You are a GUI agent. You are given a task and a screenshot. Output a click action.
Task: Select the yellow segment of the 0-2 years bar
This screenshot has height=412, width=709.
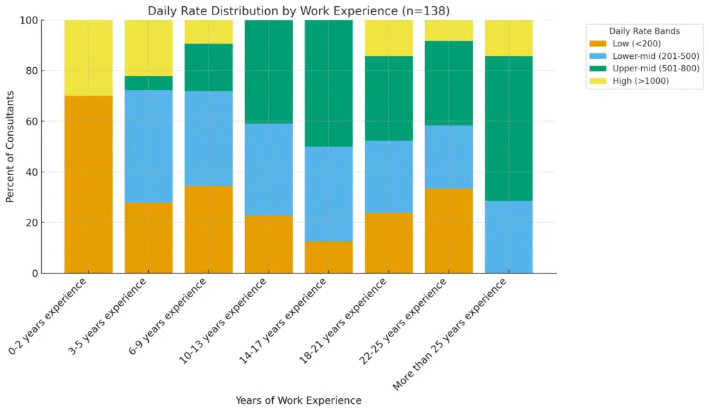coord(89,57)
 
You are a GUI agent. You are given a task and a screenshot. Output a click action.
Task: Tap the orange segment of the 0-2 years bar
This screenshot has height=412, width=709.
coord(89,184)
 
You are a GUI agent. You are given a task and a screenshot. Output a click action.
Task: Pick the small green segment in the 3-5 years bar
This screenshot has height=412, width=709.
coord(148,83)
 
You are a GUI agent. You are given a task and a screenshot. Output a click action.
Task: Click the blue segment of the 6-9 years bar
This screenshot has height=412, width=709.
coord(208,138)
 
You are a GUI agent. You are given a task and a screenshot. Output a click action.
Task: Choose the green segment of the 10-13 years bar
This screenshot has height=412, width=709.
coord(269,72)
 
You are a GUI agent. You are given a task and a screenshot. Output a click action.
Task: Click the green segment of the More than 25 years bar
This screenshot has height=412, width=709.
coord(508,129)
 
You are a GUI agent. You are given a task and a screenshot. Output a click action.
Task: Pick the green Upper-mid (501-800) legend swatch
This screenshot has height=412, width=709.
coord(598,69)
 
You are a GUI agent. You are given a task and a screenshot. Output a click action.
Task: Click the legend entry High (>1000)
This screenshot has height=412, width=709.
coord(641,81)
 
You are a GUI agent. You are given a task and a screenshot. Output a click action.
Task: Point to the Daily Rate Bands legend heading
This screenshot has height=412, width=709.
coord(643,31)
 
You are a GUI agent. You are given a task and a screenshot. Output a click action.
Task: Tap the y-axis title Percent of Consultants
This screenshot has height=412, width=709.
coord(10,146)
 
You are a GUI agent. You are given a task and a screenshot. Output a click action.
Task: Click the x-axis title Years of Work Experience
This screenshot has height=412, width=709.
coord(298,400)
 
